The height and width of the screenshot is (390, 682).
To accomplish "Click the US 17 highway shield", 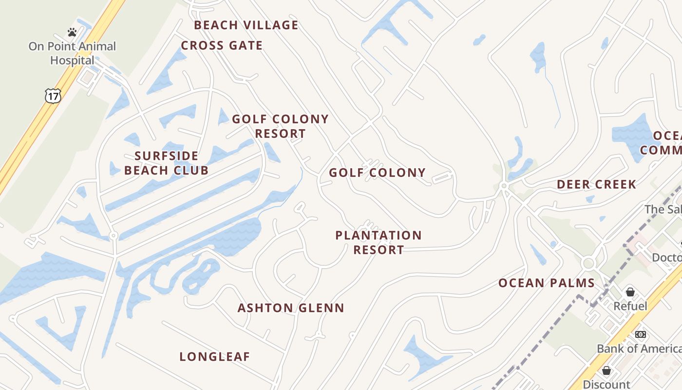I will click(x=53, y=96).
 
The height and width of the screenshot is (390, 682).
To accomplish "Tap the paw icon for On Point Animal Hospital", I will click(x=72, y=33).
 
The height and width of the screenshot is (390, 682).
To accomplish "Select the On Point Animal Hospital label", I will click(x=72, y=54).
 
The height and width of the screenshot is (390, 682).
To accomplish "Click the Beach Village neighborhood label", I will click(x=246, y=25).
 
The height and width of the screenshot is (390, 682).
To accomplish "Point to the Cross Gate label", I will click(x=222, y=46).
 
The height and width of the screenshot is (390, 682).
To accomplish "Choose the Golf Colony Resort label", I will click(x=280, y=126).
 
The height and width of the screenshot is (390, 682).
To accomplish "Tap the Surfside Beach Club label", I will click(x=166, y=163).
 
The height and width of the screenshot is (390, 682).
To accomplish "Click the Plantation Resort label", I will click(x=379, y=242).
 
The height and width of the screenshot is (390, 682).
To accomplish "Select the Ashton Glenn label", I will click(x=291, y=308).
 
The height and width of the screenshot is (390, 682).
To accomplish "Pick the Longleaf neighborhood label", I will click(x=215, y=357).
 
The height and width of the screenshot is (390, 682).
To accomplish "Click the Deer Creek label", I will click(x=596, y=184).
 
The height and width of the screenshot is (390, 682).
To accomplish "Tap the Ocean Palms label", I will click(x=547, y=283).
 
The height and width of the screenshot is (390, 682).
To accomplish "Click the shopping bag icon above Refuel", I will click(x=630, y=292).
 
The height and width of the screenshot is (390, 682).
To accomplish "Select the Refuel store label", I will click(x=630, y=306).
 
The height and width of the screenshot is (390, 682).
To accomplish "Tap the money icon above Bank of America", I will click(x=640, y=334).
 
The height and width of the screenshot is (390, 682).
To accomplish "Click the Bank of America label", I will click(x=639, y=349).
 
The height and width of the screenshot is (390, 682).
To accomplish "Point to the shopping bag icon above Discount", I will click(x=606, y=371).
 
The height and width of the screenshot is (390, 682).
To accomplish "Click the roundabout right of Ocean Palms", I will click(x=588, y=264).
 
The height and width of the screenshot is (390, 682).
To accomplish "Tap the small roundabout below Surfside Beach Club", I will click(x=114, y=235).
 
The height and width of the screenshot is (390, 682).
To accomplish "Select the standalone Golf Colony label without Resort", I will click(x=377, y=173).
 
